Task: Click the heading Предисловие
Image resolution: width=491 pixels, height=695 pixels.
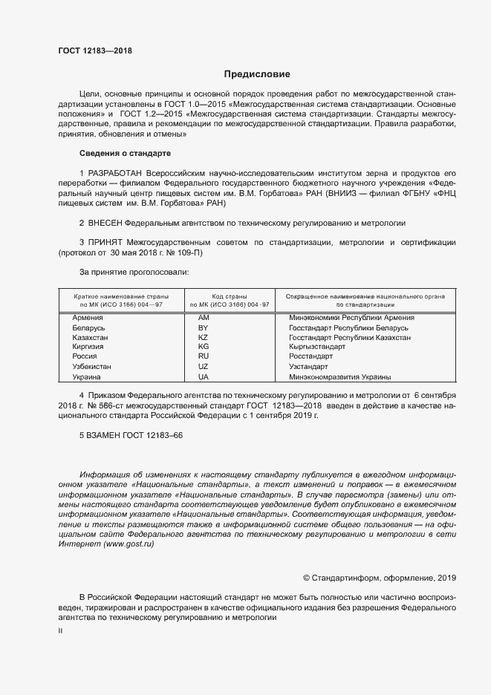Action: pyautogui.click(x=257, y=74)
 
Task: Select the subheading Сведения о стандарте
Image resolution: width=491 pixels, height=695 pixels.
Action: pyautogui.click(x=125, y=153)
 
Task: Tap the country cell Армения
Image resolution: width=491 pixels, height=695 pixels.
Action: pyautogui.click(x=88, y=318)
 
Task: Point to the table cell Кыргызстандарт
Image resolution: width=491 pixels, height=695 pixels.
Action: pyautogui.click(x=317, y=347)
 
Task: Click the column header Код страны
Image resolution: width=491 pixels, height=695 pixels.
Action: pyautogui.click(x=229, y=296)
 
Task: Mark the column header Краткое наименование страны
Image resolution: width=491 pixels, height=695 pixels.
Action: pyautogui.click(x=120, y=296)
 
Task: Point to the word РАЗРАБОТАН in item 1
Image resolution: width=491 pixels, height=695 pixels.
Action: pyautogui.click(x=117, y=172)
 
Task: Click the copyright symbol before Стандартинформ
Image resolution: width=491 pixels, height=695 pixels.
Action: pyautogui.click(x=307, y=578)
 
